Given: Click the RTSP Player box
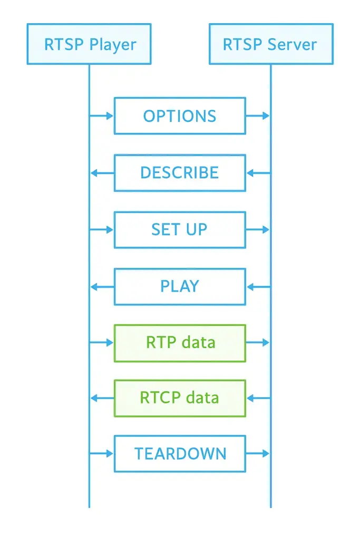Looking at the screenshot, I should [x=89, y=44].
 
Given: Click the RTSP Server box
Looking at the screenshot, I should [x=271, y=44].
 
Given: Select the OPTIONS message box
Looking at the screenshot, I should [x=180, y=116].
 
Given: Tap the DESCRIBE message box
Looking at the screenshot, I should [x=180, y=172].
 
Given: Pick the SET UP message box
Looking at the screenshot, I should [x=180, y=229].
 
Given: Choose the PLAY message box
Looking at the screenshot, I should [x=180, y=286].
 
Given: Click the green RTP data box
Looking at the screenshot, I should [x=180, y=343].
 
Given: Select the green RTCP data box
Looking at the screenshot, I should [x=180, y=397].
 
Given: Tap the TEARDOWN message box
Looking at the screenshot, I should [x=180, y=454].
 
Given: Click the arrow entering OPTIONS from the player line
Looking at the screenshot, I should [x=102, y=116].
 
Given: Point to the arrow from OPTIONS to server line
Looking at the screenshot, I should [x=258, y=116].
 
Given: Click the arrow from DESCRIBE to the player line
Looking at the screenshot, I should [x=102, y=172].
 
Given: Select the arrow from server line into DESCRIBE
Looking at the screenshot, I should [x=258, y=172].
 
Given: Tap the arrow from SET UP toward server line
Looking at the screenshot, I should [x=258, y=229].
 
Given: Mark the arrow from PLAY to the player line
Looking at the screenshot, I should [x=102, y=286].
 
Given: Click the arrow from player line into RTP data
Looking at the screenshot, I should [x=102, y=343].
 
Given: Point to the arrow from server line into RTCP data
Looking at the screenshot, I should [x=258, y=397].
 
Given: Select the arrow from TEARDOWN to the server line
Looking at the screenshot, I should [x=258, y=454].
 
